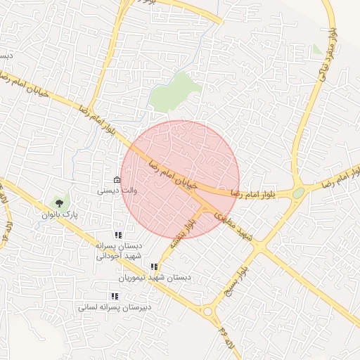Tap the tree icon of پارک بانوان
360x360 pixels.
point(58,202)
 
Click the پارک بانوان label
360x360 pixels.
point(58,213)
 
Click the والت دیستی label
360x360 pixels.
point(112,189)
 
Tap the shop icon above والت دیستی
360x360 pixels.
point(117,179)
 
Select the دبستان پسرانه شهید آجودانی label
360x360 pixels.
point(119,251)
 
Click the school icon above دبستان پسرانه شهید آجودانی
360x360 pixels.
point(118,235)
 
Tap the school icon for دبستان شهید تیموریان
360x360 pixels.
point(154,266)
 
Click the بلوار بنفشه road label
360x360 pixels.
point(181,235)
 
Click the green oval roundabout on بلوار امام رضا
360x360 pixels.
point(299,192)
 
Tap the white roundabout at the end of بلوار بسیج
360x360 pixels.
point(207,311)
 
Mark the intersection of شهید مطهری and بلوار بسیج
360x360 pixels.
point(262,248)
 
